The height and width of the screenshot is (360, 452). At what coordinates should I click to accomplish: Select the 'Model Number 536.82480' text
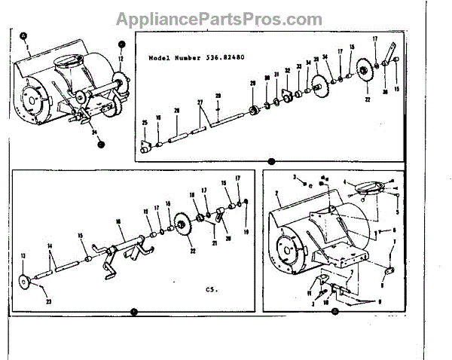(x=197, y=56)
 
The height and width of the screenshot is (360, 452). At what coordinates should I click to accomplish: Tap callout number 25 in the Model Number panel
(x=144, y=122)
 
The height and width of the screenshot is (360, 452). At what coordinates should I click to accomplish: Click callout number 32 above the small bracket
(x=288, y=71)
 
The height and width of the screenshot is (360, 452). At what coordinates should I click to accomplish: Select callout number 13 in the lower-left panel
(x=23, y=255)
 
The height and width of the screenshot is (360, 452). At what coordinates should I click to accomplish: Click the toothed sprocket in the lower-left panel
(x=182, y=225)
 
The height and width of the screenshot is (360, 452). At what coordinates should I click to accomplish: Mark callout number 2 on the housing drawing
(x=278, y=194)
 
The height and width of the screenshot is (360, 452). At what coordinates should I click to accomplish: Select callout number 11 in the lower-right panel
(x=308, y=291)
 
